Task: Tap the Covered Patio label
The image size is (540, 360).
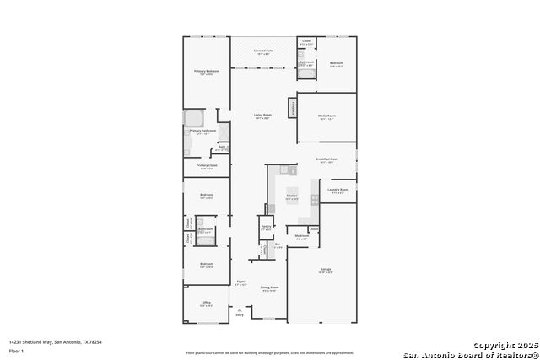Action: click(263, 51)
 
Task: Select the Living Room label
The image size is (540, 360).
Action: click(263, 116)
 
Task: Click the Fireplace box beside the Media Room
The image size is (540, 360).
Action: click(293, 108)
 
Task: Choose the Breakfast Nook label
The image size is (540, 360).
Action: click(327, 159)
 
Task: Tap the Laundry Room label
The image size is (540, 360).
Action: click(338, 190)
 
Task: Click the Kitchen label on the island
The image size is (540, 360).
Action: click(292, 197)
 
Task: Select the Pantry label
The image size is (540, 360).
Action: click(266, 227)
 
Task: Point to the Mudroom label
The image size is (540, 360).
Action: click(302, 236)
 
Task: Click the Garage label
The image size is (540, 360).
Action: click(326, 270)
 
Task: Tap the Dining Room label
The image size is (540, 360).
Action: click(269, 287)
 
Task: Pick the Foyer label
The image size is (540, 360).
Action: click(240, 282)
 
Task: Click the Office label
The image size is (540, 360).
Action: click(206, 303)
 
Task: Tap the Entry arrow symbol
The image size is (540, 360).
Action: click(240, 310)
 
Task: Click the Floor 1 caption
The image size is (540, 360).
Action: click(17, 350)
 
